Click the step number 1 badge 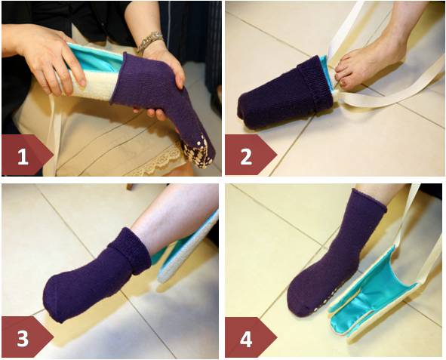(23, 156)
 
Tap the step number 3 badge (23, 337)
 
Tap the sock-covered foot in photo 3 (91, 283)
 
